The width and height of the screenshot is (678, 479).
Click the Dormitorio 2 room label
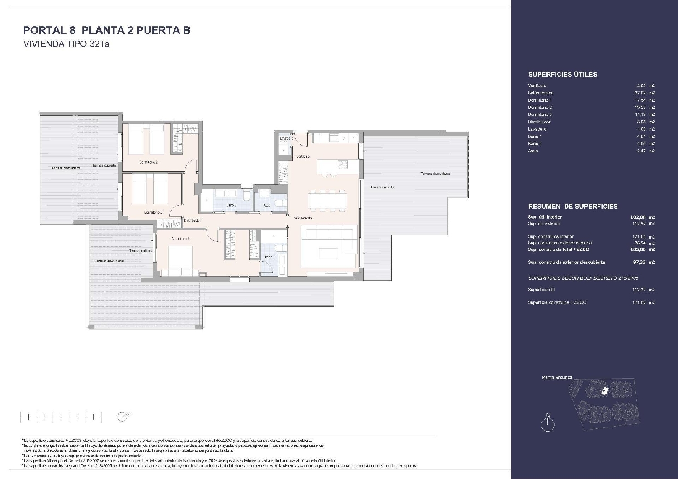click(148, 162)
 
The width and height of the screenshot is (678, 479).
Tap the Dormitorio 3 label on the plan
click(153, 212)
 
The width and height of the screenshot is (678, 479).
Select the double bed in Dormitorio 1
click(183, 261)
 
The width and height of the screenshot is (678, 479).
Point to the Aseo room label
click(267, 205)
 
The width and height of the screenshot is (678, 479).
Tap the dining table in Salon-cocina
click(328, 200)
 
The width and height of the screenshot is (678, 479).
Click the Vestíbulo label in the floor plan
click(302, 156)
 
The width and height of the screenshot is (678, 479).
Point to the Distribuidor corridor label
click(192, 221)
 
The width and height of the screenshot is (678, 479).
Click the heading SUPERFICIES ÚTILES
click(562, 75)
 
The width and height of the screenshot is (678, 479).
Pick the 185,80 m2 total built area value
click(642, 249)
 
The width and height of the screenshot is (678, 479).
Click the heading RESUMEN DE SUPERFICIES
click(573, 207)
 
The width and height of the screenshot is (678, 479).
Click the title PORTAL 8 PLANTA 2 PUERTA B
click(106, 30)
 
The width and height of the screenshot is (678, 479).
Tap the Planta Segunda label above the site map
click(557, 377)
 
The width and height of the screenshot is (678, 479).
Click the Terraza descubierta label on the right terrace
click(435, 174)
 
